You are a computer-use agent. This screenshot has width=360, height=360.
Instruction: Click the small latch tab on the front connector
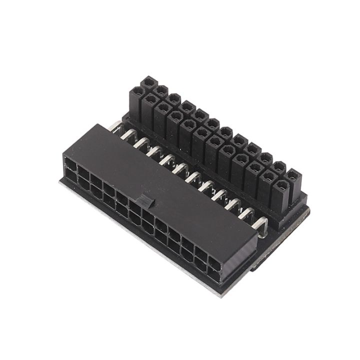click(144, 201)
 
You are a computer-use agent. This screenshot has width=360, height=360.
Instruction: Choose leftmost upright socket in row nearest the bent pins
click(136, 93)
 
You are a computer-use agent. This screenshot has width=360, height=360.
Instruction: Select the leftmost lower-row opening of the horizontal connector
click(68, 175)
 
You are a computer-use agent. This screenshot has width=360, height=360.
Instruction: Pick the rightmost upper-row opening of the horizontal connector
click(213, 263)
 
